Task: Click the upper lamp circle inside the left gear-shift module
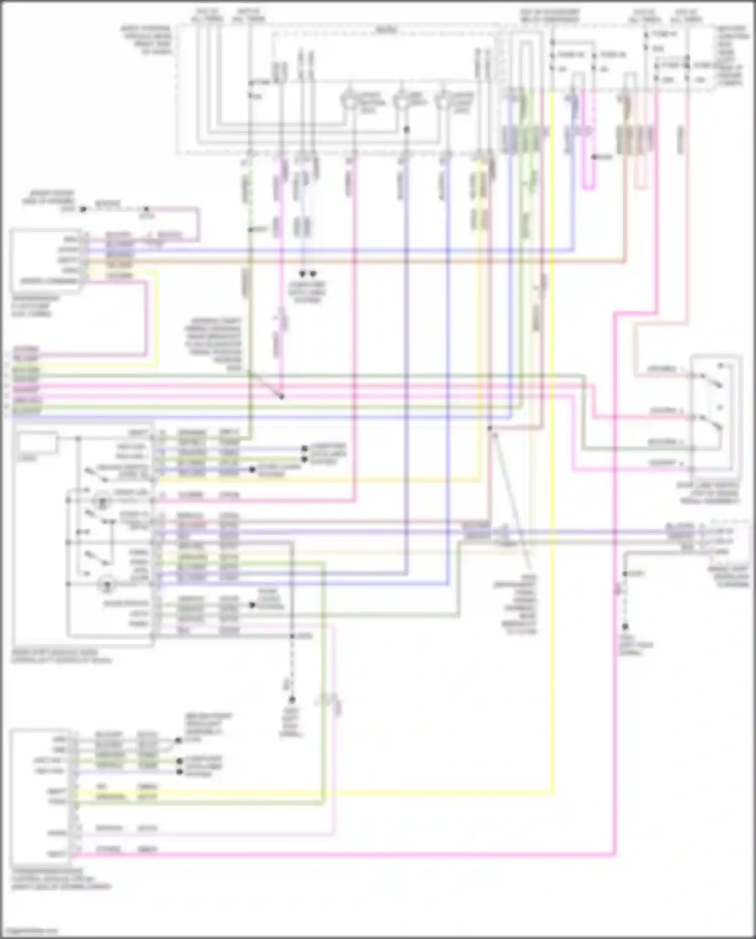point(104,501)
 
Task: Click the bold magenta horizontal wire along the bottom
point(353,855)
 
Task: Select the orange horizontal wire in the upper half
point(353,261)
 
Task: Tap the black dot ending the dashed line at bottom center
point(291,700)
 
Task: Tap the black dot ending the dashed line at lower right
point(624,627)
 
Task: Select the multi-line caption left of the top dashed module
point(146,40)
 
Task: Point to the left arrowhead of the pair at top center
point(302,274)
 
